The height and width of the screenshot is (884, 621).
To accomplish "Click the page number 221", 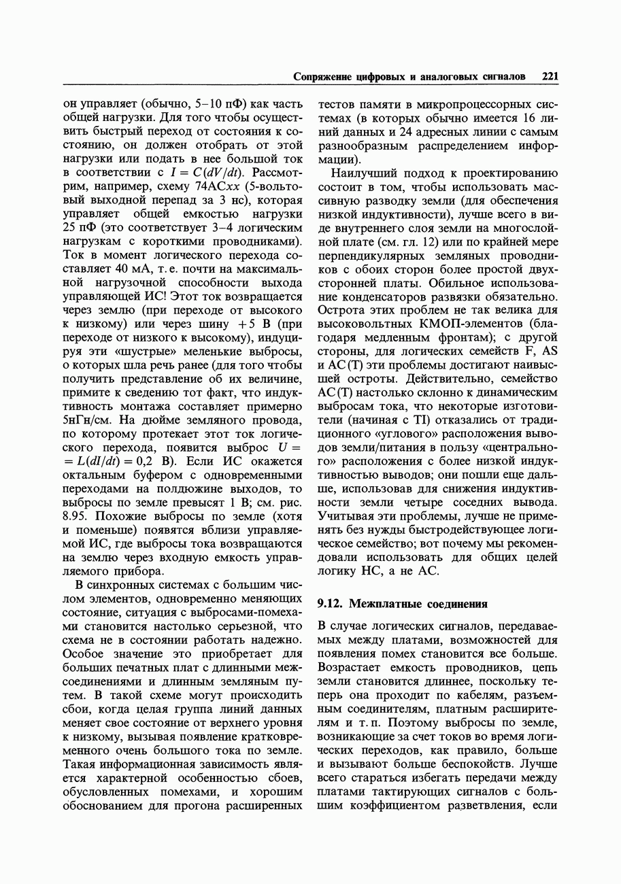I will click(550, 78).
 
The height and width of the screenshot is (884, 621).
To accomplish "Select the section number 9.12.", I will click(330, 603).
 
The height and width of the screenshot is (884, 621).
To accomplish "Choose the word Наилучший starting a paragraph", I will click(360, 173).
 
